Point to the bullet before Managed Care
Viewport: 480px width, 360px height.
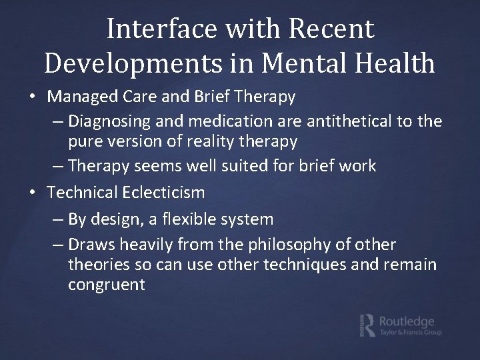click(33, 97)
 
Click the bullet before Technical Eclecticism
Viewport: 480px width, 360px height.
click(33, 193)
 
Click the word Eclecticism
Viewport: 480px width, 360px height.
click(163, 193)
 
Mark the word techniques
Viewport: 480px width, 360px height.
click(306, 265)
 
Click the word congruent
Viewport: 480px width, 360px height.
click(107, 285)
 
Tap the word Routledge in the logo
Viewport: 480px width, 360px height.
click(406, 321)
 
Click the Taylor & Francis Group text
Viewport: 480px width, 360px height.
click(410, 332)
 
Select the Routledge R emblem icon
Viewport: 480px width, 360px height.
click(367, 324)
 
